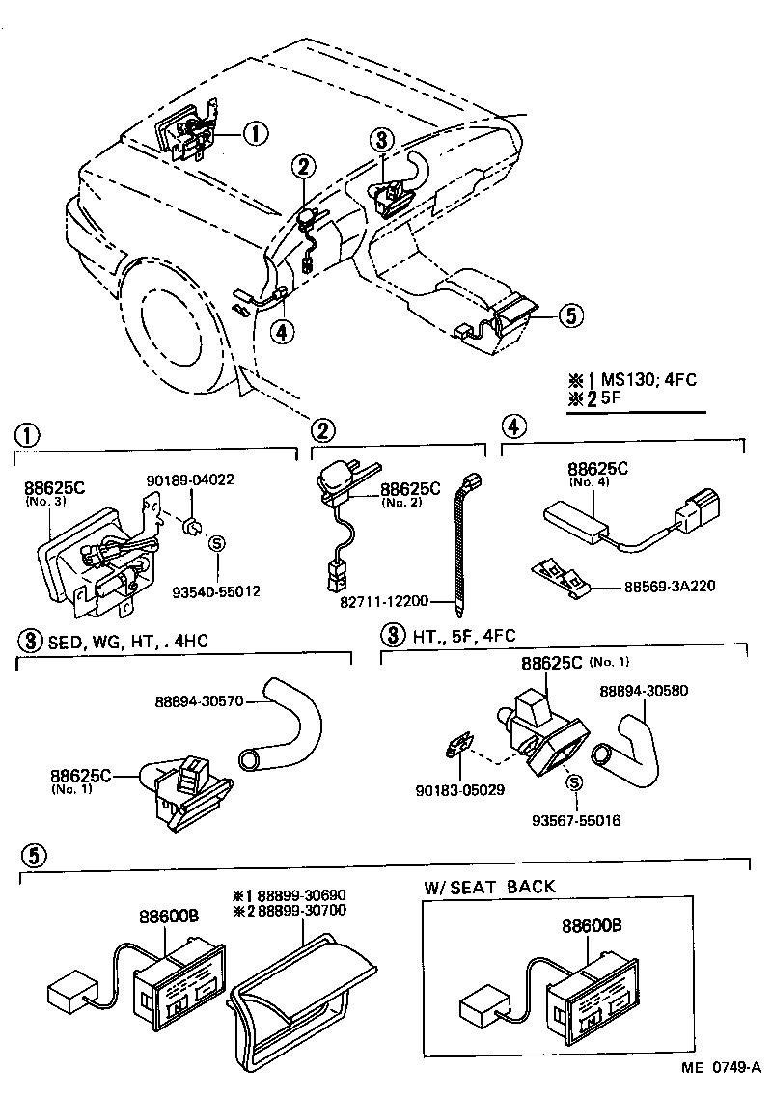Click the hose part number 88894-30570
pos(199,701)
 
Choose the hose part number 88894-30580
pos(643,691)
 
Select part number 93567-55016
pos(576,821)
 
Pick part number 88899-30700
pos(298,910)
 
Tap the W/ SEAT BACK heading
pos(489,887)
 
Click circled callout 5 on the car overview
pos(570,315)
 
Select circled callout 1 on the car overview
pos(254,134)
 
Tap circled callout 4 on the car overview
pos(281,332)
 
